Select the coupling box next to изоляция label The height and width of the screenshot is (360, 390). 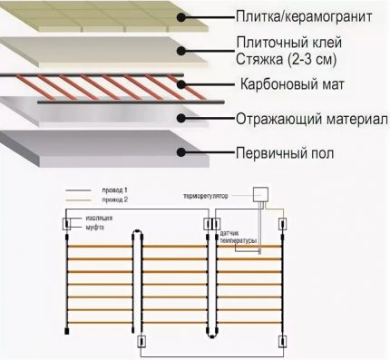pyautogui.click(x=65, y=222)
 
